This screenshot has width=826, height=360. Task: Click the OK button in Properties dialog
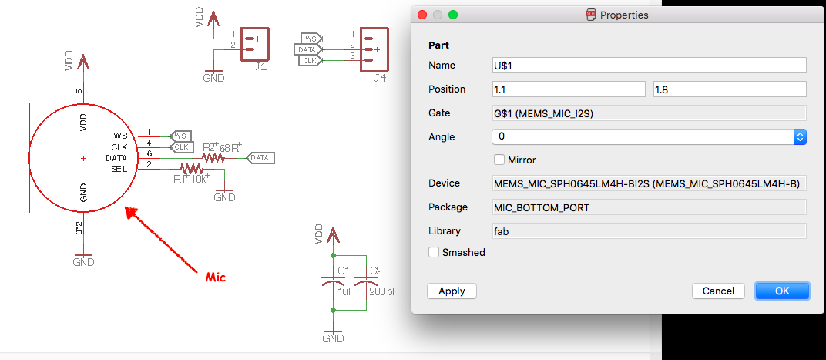click(782, 291)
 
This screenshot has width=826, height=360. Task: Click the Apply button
click(452, 291)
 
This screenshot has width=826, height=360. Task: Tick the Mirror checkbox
click(499, 159)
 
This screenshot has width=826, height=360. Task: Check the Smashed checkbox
click(434, 253)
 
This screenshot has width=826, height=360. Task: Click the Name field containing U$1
click(649, 66)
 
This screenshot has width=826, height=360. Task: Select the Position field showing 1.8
click(730, 89)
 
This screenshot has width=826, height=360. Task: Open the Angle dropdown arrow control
click(800, 136)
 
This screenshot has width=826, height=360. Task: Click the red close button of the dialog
click(421, 15)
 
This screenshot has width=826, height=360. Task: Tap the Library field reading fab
click(649, 230)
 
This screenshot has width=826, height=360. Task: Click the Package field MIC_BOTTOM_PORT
click(649, 207)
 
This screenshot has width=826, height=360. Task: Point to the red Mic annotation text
click(216, 277)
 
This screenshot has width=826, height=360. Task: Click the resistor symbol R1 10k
click(192, 169)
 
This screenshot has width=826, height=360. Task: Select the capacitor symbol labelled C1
click(332, 283)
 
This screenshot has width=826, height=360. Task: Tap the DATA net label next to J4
click(307, 49)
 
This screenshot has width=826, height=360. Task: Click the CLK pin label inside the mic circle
click(120, 146)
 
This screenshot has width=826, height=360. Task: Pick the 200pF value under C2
click(384, 291)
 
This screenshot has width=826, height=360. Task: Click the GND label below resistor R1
click(224, 197)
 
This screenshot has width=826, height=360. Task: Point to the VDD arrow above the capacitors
click(332, 235)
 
